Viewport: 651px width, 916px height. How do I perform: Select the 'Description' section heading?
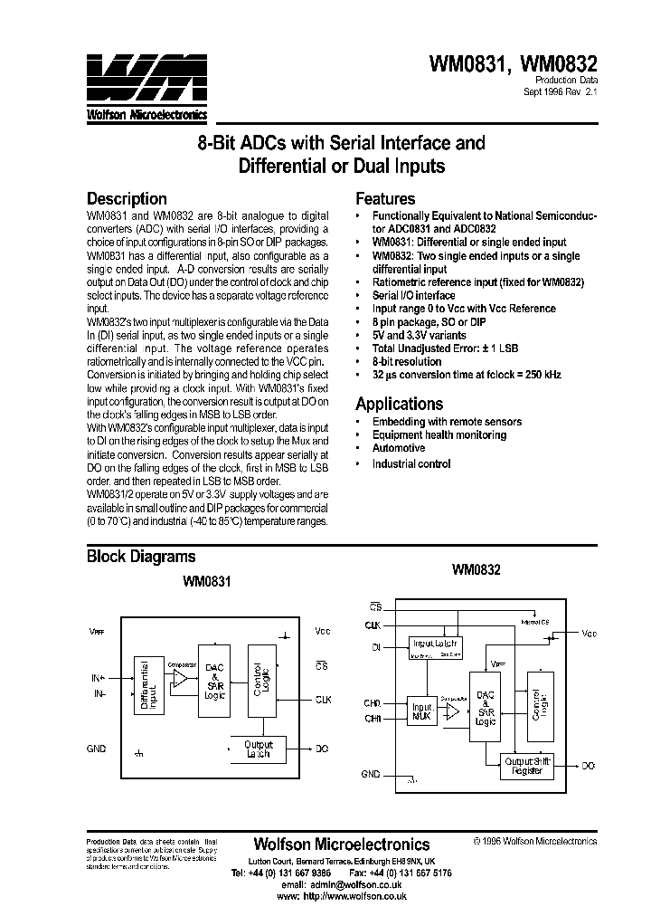pos(126,198)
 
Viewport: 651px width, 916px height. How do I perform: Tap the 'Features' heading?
pos(385,198)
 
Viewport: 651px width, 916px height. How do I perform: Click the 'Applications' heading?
pos(399,404)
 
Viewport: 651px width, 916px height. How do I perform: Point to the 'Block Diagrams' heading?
pos(140,557)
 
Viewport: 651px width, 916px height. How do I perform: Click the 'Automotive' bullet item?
pos(398,448)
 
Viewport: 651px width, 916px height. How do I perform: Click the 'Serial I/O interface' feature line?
pos(413,295)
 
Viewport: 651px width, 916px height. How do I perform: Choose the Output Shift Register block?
pos(531,768)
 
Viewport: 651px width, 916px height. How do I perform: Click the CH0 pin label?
pos(373,702)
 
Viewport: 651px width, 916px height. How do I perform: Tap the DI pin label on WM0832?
pos(375,647)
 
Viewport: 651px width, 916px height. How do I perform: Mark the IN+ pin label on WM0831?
pos(98,677)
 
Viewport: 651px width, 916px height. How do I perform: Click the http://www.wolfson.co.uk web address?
pos(355,896)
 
